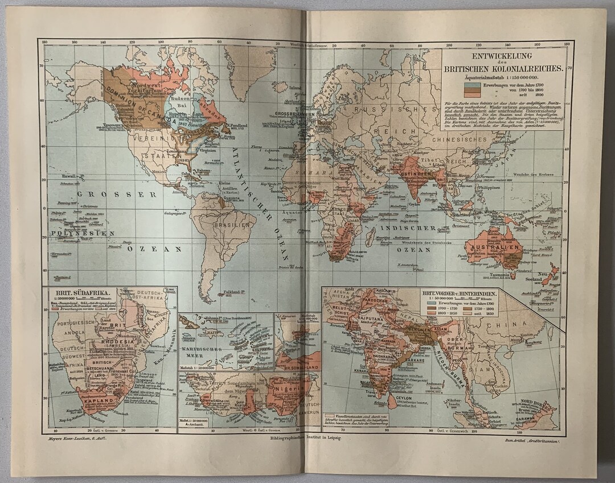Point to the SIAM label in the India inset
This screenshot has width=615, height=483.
point(477,370)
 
